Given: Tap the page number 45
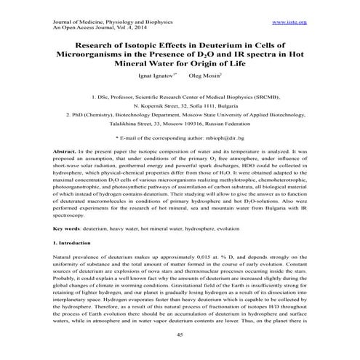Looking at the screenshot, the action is [x=180, y=335].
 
